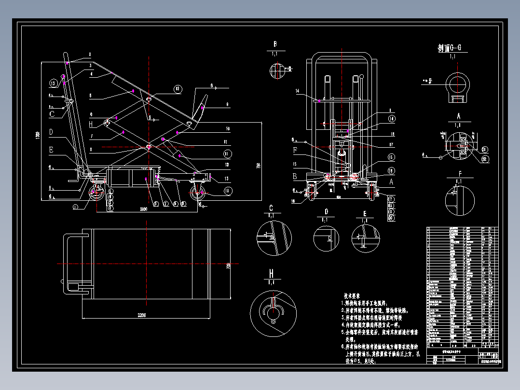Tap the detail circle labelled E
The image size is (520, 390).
365,238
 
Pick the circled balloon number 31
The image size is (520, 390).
485,150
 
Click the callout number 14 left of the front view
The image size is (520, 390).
297,91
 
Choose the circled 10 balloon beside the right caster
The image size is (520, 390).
214,191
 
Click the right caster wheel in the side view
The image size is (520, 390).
197,193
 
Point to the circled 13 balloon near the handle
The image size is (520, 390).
54,84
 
